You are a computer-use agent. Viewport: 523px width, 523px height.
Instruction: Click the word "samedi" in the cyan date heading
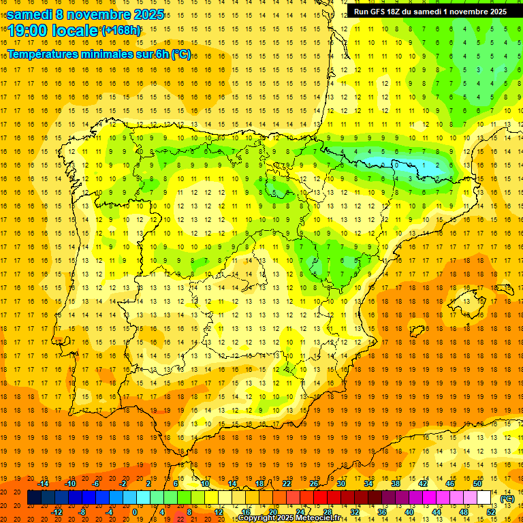point(31,14)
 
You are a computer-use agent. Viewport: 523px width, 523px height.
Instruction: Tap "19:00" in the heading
point(28,31)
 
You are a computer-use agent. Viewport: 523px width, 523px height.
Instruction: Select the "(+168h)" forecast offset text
point(121,30)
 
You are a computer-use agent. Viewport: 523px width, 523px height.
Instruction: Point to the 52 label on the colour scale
point(491,512)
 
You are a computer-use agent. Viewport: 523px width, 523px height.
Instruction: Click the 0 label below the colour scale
point(135,512)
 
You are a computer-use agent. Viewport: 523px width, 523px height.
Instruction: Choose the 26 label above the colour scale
point(313,484)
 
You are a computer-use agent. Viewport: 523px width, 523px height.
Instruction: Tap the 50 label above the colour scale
point(477,484)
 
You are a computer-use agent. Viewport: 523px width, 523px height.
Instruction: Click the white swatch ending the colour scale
point(484,498)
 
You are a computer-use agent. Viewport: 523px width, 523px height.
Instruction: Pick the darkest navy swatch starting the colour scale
point(34,498)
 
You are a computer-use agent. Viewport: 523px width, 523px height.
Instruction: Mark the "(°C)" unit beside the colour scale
point(507,498)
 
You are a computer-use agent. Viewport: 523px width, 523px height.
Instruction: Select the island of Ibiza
point(417,331)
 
